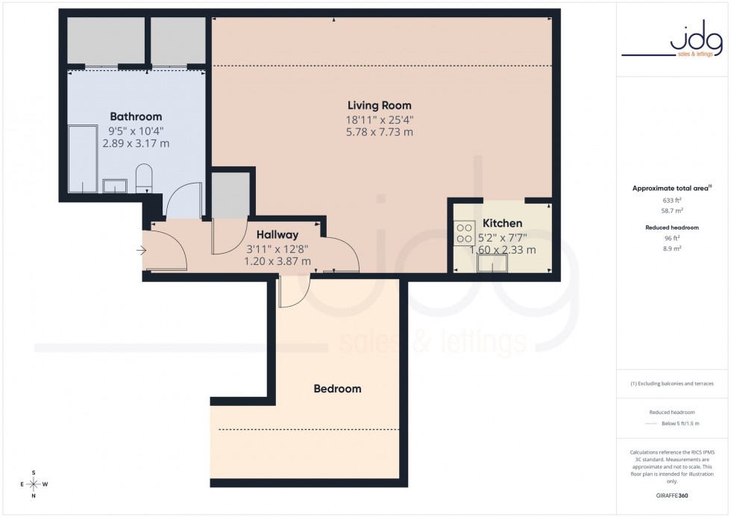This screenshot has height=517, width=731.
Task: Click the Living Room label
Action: coord(379,105)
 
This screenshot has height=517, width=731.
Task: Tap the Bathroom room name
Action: coord(136,116)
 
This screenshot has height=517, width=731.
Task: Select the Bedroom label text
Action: coord(337,389)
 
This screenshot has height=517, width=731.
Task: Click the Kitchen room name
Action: coord(502,223)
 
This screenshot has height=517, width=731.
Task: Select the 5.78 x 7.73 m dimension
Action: coord(379,132)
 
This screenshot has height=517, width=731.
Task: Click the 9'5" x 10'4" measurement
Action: coord(136,130)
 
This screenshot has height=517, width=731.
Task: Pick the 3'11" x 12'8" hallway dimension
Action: coord(277,248)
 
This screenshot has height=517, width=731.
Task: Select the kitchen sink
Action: coord(492,263)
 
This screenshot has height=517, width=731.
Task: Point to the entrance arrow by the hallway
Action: coord(142,251)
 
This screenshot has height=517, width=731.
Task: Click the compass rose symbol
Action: coord(34,483)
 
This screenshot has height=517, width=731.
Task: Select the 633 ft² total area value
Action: coord(673,201)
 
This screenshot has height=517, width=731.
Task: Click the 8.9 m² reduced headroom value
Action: coord(673,248)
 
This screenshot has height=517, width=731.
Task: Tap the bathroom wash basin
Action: coord(114,184)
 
